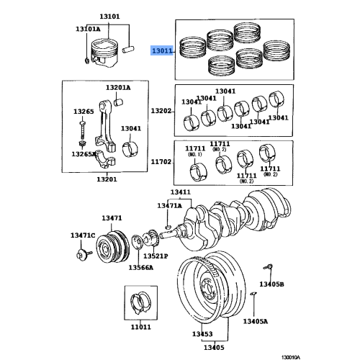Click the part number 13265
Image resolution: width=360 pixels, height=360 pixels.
[84, 112]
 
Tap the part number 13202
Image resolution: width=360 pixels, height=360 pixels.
[161, 112]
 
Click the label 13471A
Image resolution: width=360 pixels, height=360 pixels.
[170, 206]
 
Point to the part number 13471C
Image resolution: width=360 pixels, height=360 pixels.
[82, 235]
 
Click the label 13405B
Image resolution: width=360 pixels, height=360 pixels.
[272, 284]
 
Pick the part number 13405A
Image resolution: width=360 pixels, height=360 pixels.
[255, 321]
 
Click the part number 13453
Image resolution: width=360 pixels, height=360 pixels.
[202, 335]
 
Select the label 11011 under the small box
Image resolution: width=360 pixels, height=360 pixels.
[140, 327]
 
